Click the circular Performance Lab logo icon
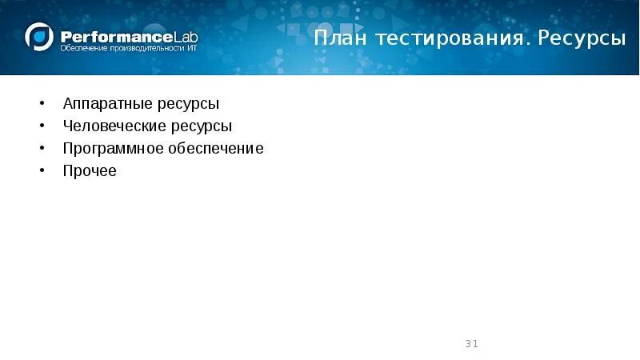click(x=39, y=38)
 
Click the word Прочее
click(x=90, y=171)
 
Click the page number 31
click(x=471, y=344)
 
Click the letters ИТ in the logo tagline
click(x=190, y=50)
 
